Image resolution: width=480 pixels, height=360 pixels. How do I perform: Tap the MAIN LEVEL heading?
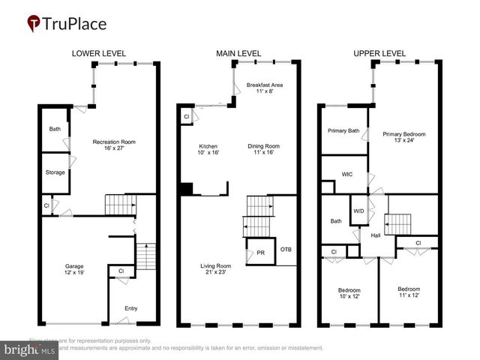[x=238, y=54]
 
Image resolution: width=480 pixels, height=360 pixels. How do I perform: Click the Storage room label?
[x=55, y=172]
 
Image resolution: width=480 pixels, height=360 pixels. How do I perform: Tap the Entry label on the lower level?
[x=131, y=308]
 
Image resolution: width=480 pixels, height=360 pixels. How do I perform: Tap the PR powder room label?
[x=259, y=253]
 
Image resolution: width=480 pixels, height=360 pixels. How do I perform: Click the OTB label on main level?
[x=285, y=249]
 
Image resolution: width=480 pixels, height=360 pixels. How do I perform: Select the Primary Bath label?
[x=343, y=130]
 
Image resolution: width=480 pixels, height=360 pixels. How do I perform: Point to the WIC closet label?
[x=346, y=174]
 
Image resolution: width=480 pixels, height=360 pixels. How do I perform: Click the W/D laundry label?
[x=358, y=210]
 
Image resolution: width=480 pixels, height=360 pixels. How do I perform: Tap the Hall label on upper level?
[x=376, y=235]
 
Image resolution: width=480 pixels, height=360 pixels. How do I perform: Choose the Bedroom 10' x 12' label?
[x=349, y=293]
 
